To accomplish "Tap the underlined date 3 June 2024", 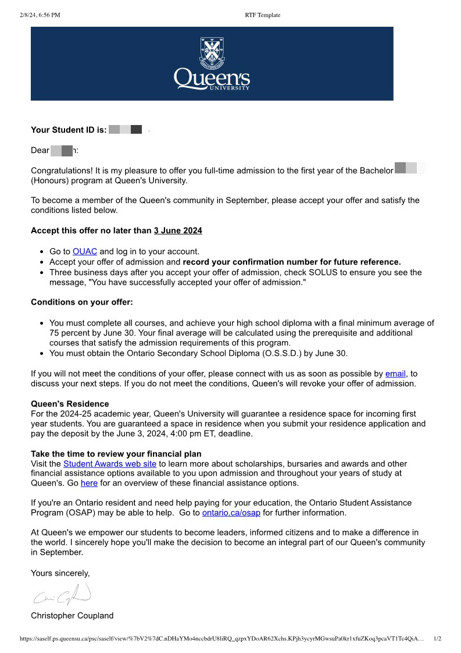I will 178,231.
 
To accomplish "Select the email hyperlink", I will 395,374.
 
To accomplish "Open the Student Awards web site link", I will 110,464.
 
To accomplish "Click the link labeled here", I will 89,483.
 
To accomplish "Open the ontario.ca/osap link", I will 231,513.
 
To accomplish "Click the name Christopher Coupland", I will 72,615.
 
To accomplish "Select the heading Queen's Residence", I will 70,404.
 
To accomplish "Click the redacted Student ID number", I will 126,130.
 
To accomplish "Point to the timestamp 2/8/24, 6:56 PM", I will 40,15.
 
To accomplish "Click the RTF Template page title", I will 263,15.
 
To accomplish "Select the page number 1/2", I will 438,638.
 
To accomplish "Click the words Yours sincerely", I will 60,573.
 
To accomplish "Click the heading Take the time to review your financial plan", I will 116,454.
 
